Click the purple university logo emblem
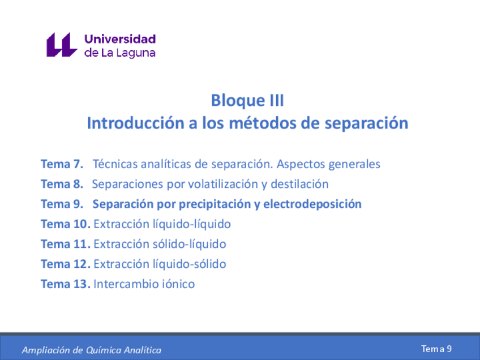tap(62, 45)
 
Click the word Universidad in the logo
tap(120, 39)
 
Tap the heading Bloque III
tap(247, 100)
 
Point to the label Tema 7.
tap(62, 164)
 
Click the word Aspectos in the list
tap(301, 164)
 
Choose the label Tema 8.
tap(62, 184)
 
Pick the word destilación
tap(299, 184)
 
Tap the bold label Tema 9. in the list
tap(62, 204)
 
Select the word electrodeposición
tap(312, 204)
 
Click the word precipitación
tap(215, 204)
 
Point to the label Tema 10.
tap(66, 224)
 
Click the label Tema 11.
tap(66, 244)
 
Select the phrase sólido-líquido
tap(189, 244)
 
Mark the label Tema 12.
tap(66, 264)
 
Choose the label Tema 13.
tap(66, 284)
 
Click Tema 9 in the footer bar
tap(436, 349)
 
